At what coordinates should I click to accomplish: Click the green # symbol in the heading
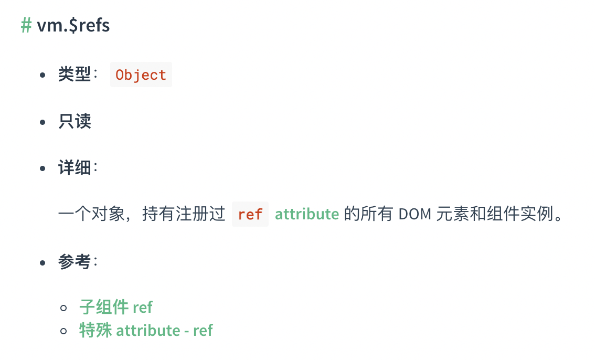point(26,25)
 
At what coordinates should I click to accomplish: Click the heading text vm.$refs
point(73,25)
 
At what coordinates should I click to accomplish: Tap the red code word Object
point(141,75)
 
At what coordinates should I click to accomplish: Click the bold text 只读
point(75,122)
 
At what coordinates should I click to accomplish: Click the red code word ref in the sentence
point(250,214)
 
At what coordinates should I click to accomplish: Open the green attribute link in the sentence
point(307,214)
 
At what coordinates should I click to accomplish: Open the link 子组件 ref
point(116,306)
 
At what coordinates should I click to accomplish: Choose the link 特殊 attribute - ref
point(146,330)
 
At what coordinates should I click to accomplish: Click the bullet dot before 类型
point(43,75)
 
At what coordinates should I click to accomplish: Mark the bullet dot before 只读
point(43,122)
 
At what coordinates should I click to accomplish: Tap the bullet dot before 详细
point(43,168)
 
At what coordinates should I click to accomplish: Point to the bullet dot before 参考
point(43,262)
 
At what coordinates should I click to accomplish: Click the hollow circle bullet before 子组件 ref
point(64,307)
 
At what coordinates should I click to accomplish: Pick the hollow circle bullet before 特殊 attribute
point(64,331)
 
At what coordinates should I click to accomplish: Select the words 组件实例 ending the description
point(524,214)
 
